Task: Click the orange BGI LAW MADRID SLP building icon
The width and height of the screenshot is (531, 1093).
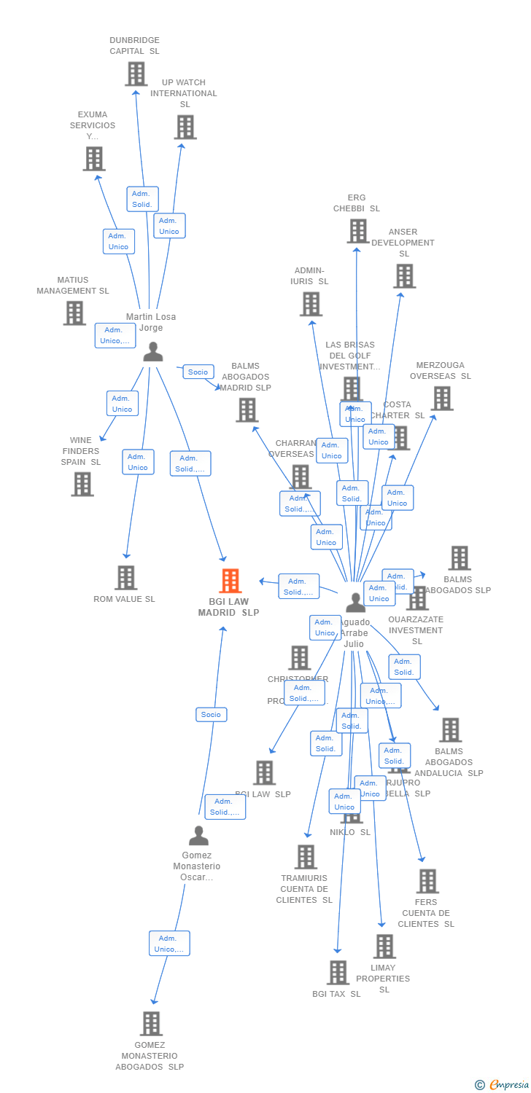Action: (230, 581)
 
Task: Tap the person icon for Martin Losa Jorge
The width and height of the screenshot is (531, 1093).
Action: (152, 352)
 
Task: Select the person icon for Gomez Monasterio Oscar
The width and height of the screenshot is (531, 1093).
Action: (198, 835)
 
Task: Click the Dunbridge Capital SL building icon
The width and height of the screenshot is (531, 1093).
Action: (136, 74)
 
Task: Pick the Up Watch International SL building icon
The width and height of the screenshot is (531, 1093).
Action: (185, 127)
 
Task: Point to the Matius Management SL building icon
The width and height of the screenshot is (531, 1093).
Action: (74, 313)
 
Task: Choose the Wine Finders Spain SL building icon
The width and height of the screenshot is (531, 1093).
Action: (82, 484)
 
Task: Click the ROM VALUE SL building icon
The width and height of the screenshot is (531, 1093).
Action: (125, 577)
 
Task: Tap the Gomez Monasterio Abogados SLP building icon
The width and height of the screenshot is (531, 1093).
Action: (150, 1023)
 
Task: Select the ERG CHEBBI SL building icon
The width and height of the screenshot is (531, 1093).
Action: (357, 231)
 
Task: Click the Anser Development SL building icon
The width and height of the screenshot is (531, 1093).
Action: (404, 276)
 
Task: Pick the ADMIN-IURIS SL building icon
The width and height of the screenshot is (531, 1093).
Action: (311, 304)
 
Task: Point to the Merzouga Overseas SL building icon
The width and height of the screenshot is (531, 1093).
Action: (442, 398)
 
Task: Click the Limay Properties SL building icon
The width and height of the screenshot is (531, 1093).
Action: (384, 946)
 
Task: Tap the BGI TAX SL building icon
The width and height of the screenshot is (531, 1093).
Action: (337, 972)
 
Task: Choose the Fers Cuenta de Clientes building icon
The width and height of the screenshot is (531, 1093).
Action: (427, 880)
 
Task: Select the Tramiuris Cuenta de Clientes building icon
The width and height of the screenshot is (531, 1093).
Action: (306, 856)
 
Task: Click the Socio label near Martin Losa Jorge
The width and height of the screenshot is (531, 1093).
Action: (198, 372)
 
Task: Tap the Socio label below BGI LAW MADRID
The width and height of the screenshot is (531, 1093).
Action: (211, 714)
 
